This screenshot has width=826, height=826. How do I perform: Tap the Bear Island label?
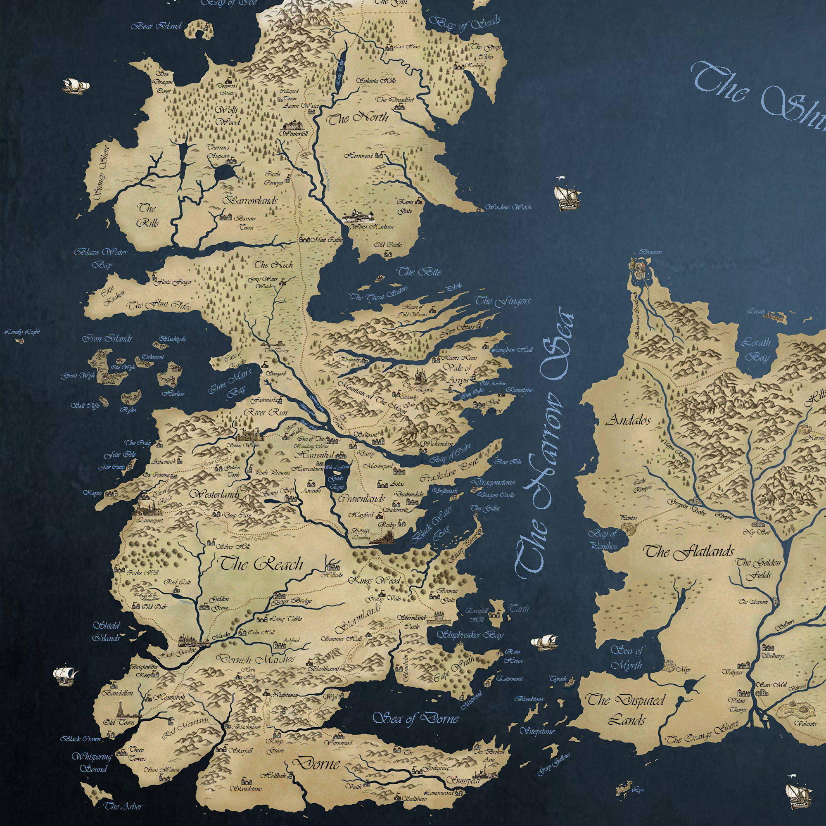point(156,26)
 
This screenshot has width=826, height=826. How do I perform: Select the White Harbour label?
point(372,227)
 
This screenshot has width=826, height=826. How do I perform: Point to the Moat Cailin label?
point(327,240)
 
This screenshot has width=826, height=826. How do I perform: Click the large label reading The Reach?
point(261,563)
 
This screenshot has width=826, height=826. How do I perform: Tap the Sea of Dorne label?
point(415,718)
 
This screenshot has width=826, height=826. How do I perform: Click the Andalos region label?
point(628,420)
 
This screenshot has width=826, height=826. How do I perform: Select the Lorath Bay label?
point(756,349)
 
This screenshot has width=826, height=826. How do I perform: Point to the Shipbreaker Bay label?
point(470,635)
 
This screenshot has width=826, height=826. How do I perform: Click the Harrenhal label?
point(314,454)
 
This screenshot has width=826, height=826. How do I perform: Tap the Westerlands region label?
point(215,494)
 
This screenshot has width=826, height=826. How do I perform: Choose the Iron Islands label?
point(107,339)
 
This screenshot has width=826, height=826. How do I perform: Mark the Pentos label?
point(629,518)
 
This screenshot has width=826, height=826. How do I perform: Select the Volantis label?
point(805,724)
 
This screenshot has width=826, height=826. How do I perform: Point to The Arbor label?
point(123,806)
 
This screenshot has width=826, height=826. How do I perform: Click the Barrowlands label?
point(250,200)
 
